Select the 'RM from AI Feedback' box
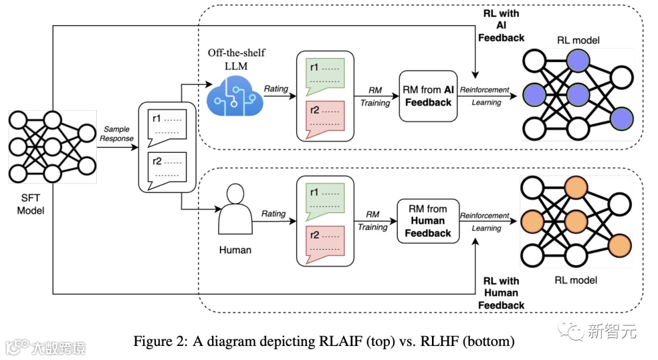(x=428, y=96)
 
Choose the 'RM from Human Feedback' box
(x=428, y=221)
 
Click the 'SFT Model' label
(x=30, y=203)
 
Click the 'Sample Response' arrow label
(x=117, y=133)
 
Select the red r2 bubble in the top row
(x=323, y=116)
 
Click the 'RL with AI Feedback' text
(x=501, y=26)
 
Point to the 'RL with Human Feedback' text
(x=501, y=292)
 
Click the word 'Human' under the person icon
(x=235, y=249)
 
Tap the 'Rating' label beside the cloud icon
(x=275, y=89)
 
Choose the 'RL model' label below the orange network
(x=576, y=280)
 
